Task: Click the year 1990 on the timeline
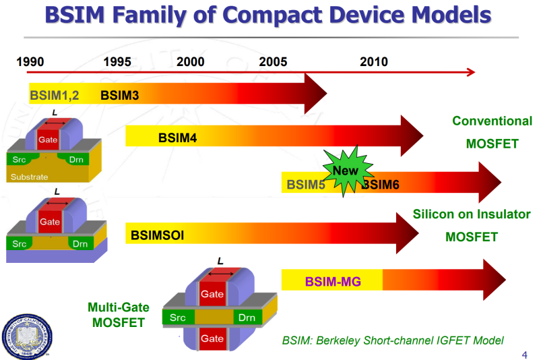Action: click(30, 62)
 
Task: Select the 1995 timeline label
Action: click(117, 62)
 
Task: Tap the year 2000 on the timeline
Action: click(191, 62)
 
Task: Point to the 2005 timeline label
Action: click(273, 62)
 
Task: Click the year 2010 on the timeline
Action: click(374, 62)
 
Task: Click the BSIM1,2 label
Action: click(55, 95)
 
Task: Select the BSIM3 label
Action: click(119, 95)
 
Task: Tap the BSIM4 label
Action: click(178, 138)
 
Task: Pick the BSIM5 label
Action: click(306, 184)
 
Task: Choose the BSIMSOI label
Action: click(158, 235)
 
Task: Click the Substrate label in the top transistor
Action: click(29, 177)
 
